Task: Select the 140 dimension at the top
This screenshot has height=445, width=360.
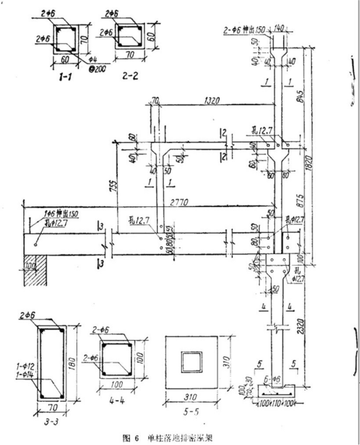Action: tap(279, 27)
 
